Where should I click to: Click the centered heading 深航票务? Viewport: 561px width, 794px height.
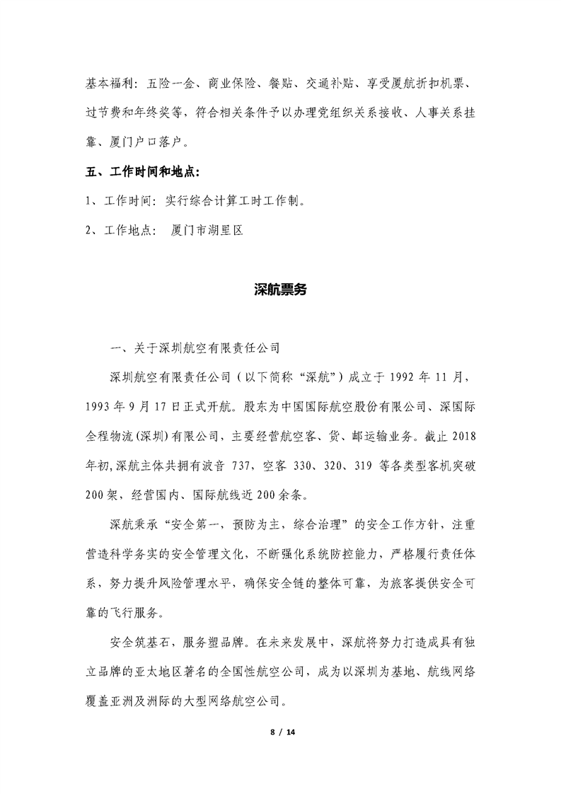pyautogui.click(x=280, y=289)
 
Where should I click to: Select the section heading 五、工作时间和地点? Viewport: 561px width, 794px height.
pyautogui.click(x=142, y=172)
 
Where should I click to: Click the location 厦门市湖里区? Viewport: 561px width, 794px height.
pyautogui.click(x=207, y=230)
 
